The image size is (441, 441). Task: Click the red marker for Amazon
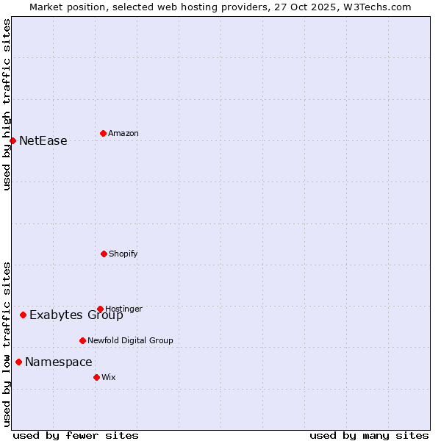(x=103, y=133)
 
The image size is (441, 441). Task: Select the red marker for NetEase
(x=12, y=140)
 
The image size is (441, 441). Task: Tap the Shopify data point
(x=104, y=254)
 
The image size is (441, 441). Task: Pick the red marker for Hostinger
(x=100, y=309)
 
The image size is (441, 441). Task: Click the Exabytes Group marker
(x=23, y=315)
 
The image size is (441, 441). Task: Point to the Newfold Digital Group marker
(x=82, y=340)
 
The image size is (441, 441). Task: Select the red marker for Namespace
(x=18, y=362)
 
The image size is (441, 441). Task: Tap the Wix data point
(x=96, y=377)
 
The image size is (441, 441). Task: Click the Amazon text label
(x=123, y=133)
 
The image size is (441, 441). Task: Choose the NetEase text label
(x=43, y=140)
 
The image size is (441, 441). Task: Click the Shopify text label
(x=123, y=254)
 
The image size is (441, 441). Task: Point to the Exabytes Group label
(x=76, y=315)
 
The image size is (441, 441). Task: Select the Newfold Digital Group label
(x=130, y=340)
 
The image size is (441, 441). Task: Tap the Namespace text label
(x=59, y=362)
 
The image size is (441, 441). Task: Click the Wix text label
(x=109, y=377)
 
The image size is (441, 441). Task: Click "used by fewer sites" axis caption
(x=76, y=435)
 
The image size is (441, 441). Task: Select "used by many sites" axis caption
(x=369, y=435)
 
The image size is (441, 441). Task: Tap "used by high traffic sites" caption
(x=7, y=104)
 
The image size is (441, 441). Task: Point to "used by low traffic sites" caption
(x=7, y=344)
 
